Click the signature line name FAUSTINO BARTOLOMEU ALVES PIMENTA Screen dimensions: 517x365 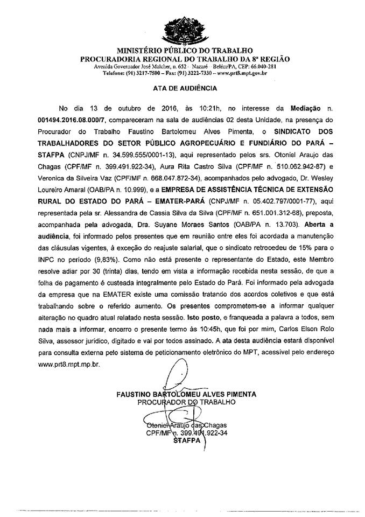click(186, 394)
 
